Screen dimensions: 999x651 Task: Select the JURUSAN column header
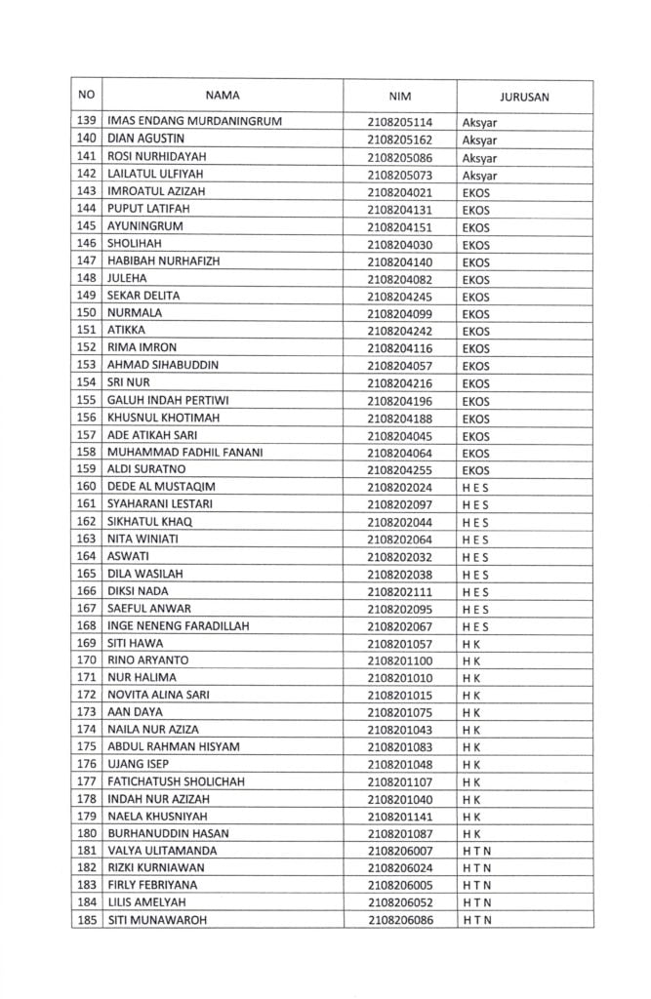[x=524, y=97]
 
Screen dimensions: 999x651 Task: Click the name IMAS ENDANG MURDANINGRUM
[x=194, y=122]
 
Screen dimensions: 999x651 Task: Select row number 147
[x=86, y=261]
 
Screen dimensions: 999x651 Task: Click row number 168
[x=86, y=625]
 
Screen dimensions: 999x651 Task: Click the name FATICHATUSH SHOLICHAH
[x=176, y=781]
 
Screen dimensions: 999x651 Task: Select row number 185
[x=86, y=920]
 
